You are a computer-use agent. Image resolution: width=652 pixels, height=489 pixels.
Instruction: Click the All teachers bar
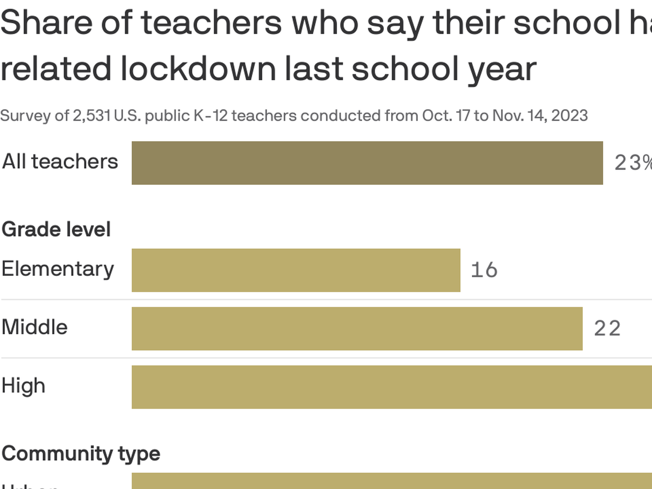point(367,163)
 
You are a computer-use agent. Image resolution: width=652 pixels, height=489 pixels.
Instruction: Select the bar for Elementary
point(296,270)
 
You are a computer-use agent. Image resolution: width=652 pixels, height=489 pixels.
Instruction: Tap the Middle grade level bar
point(357,329)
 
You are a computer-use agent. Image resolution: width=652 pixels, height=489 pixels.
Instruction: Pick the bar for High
point(392,387)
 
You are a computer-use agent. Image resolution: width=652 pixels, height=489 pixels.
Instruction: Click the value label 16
point(484,270)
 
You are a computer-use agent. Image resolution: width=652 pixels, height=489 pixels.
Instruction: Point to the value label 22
point(607,329)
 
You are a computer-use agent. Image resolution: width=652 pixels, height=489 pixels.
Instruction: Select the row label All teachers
point(60,162)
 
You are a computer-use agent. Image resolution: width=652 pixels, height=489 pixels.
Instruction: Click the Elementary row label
point(58,269)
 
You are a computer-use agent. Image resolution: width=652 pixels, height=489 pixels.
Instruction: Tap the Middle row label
point(34,327)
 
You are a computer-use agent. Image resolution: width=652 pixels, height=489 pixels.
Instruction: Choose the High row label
point(24,386)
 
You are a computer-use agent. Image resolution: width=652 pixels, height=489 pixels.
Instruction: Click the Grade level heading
point(56,230)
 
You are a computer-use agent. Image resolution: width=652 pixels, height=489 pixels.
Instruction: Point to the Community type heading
point(81,454)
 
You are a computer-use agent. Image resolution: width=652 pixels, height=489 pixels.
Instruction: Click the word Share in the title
point(46,23)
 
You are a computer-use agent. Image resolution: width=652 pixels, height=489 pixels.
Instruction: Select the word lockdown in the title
point(198,69)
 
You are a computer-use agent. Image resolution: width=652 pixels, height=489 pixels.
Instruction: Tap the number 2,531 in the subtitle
point(91,116)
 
